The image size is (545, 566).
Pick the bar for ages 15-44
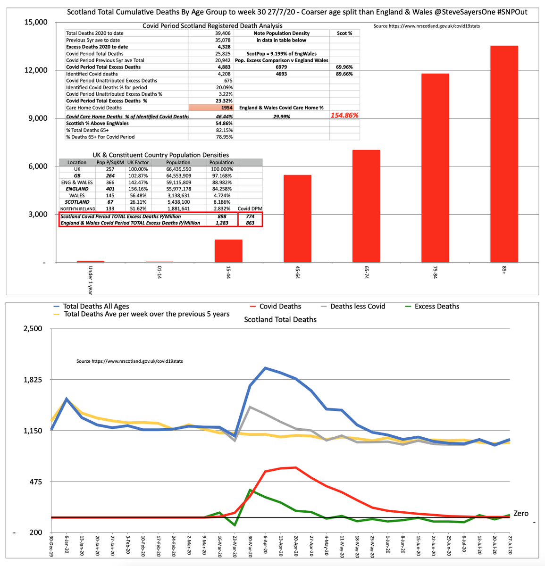click(x=228, y=251)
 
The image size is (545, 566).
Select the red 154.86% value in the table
click(x=344, y=115)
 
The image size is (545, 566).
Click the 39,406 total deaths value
click(x=224, y=33)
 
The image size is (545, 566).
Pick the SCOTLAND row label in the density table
click(x=77, y=202)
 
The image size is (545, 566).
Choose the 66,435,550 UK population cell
click(x=178, y=169)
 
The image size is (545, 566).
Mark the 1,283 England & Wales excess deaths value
click(x=221, y=223)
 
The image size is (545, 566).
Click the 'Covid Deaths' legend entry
click(x=280, y=307)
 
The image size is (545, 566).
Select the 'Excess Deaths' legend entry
click(x=436, y=307)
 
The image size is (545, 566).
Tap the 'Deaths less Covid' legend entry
click(x=357, y=307)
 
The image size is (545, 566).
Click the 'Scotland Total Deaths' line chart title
click(x=280, y=320)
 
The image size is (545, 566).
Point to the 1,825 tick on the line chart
click(x=32, y=380)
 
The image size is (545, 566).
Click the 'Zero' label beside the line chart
click(x=521, y=513)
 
